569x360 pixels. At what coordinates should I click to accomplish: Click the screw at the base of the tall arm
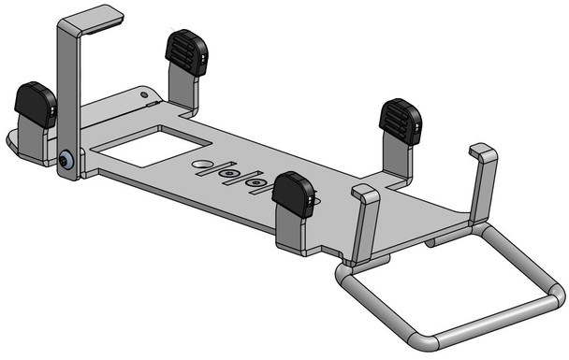click(x=66, y=161)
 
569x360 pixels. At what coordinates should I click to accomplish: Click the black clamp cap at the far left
click(x=36, y=104)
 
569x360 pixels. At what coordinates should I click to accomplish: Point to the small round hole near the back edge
click(x=143, y=93)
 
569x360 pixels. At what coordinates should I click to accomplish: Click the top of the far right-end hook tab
click(x=483, y=151)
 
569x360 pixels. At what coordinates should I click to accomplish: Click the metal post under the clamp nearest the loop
click(x=399, y=160)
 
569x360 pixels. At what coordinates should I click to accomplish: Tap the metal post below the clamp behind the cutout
click(x=182, y=89)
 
